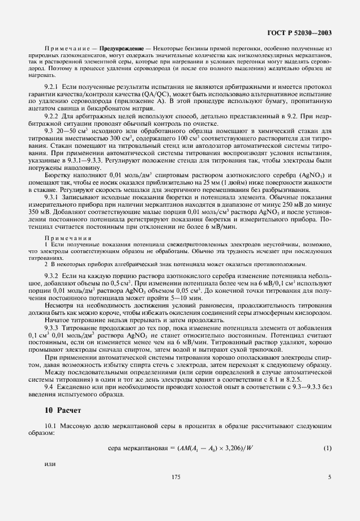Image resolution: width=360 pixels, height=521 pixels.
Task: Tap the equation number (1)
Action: point(327,449)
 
